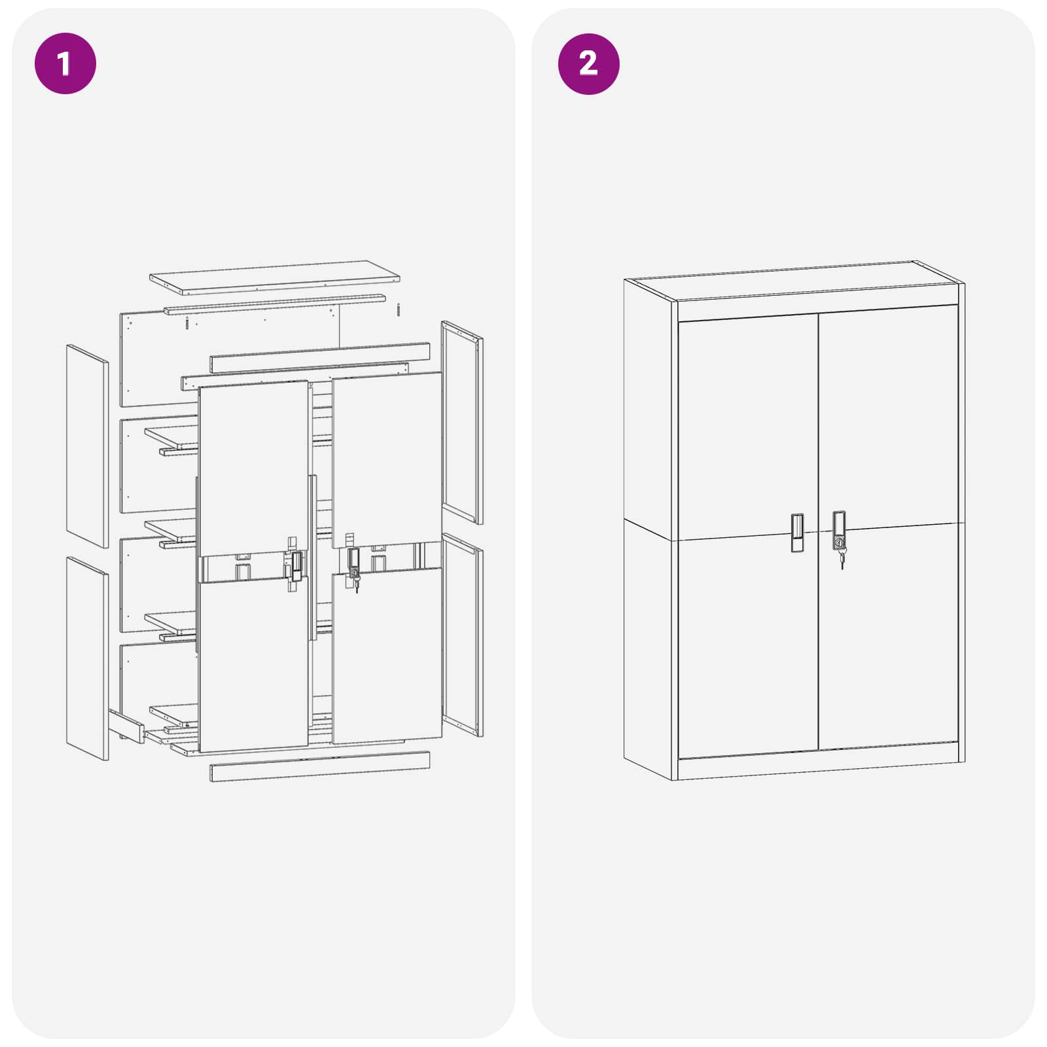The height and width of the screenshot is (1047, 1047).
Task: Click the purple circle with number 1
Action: (x=65, y=63)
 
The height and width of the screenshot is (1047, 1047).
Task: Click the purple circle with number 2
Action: (x=588, y=63)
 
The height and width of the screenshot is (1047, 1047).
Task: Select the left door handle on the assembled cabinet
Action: (x=796, y=533)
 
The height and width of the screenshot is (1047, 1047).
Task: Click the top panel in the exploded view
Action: (x=275, y=275)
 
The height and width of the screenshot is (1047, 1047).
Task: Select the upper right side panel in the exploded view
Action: (x=462, y=422)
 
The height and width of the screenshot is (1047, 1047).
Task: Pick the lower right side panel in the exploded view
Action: (x=462, y=635)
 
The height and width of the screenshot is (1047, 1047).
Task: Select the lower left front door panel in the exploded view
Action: (x=253, y=664)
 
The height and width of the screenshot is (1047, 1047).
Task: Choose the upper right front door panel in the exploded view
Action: (x=387, y=458)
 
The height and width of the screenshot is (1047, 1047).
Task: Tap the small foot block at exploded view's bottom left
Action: (x=126, y=726)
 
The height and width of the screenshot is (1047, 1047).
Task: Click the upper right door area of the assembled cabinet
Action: (x=888, y=419)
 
